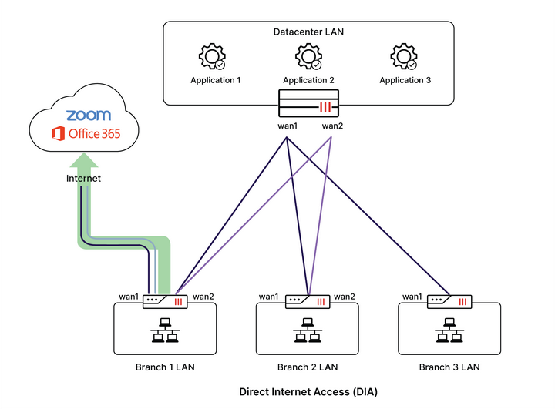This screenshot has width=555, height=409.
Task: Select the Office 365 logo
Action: [86, 134]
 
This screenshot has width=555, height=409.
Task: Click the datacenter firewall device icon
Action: [308, 103]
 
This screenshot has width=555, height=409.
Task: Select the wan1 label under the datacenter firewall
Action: [288, 126]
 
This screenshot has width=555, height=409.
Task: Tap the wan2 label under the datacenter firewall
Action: [332, 126]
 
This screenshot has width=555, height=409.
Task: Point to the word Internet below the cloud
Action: [84, 179]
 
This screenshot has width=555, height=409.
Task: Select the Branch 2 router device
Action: [308, 301]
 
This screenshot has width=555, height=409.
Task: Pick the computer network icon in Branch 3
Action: [449, 331]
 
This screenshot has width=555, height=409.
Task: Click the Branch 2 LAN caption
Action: [308, 367]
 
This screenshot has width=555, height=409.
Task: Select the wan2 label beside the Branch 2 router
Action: [344, 297]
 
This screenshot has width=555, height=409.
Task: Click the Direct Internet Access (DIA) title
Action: [308, 391]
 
